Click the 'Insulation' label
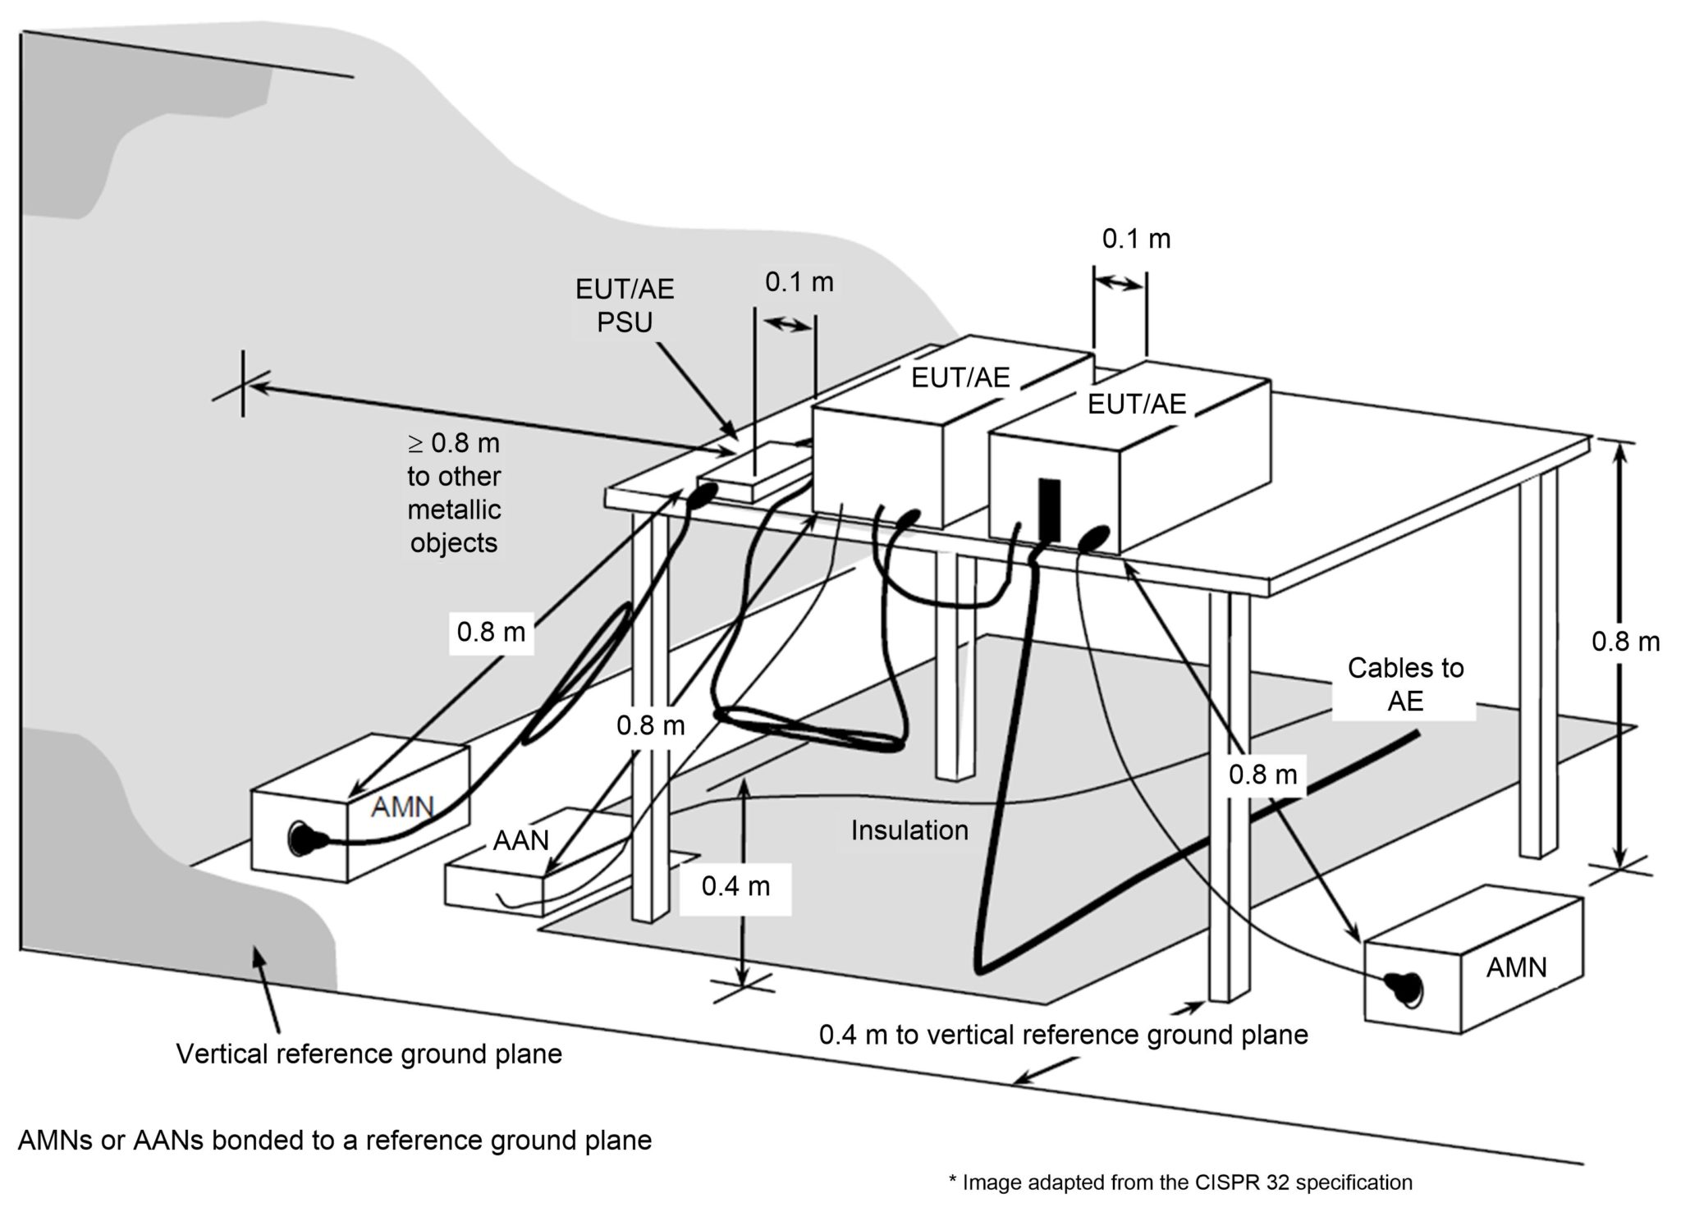click(909, 830)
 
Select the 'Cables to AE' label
click(1405, 684)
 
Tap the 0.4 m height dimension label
click(735, 886)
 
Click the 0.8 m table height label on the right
click(1625, 642)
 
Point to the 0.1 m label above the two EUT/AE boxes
click(1136, 239)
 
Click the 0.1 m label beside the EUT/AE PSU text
click(799, 282)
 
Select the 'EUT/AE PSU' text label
click(625, 305)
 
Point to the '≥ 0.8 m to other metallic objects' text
click(454, 492)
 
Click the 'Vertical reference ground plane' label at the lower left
click(369, 1054)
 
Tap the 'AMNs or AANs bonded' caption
click(335, 1141)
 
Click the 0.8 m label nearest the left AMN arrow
click(491, 632)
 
